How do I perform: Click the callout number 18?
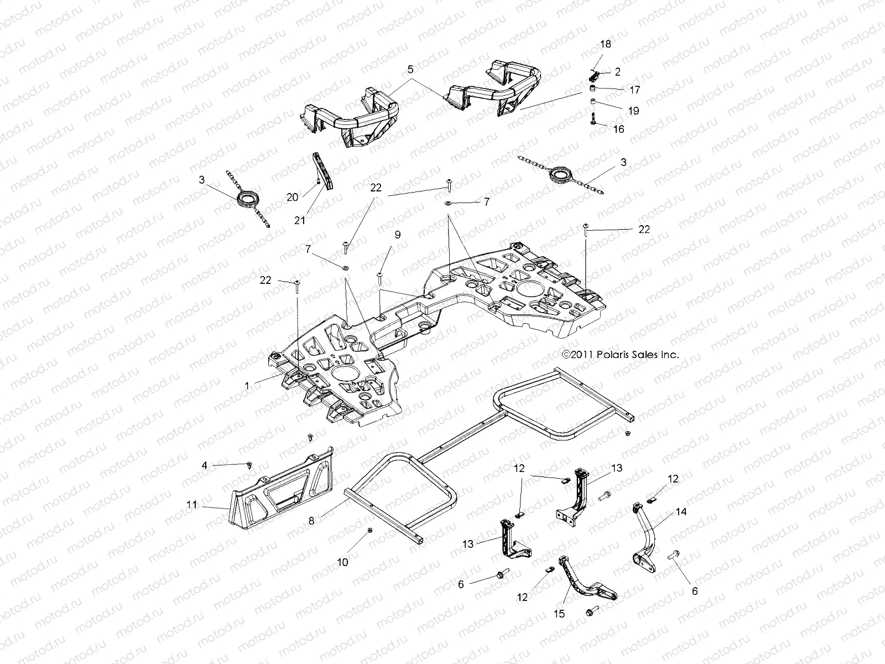point(606,44)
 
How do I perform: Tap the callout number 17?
point(634,89)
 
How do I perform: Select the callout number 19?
point(634,111)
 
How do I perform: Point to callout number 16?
point(619,129)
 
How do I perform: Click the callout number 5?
point(410,70)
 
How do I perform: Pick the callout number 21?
point(300,220)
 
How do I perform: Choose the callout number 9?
point(397,235)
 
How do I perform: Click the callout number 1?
point(247,386)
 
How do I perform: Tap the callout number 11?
point(191,505)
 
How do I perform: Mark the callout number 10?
point(343,562)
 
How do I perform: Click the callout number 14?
point(681,512)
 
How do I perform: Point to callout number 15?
point(559,614)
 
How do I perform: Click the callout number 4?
point(205,465)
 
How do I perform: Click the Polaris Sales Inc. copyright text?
point(619,355)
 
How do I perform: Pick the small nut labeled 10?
point(370,531)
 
